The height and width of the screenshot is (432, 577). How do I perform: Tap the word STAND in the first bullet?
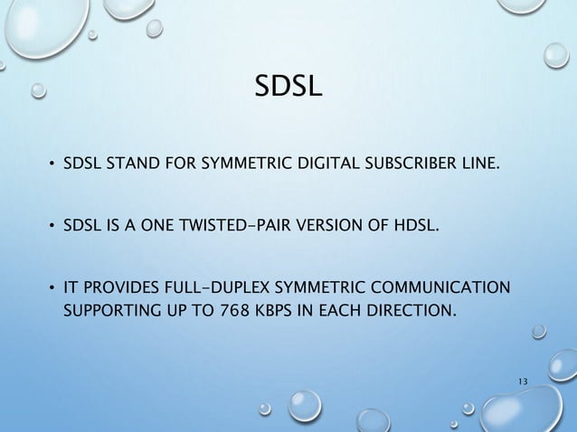coord(128,164)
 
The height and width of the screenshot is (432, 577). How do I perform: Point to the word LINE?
coord(475,164)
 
